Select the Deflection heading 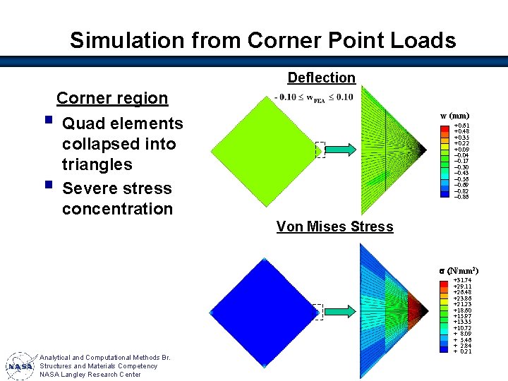coord(321,78)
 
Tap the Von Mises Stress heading coord(334,226)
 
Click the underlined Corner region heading coord(112,98)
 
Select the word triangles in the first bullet coord(97,164)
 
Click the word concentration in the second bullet coord(117,209)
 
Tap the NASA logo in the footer coord(20,366)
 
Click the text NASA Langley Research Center coord(90,375)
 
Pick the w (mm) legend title coord(454,116)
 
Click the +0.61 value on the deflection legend coord(462,126)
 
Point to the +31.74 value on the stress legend coord(463,280)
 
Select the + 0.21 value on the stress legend coord(463,351)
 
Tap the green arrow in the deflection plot coord(344,149)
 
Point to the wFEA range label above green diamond coord(313,97)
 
